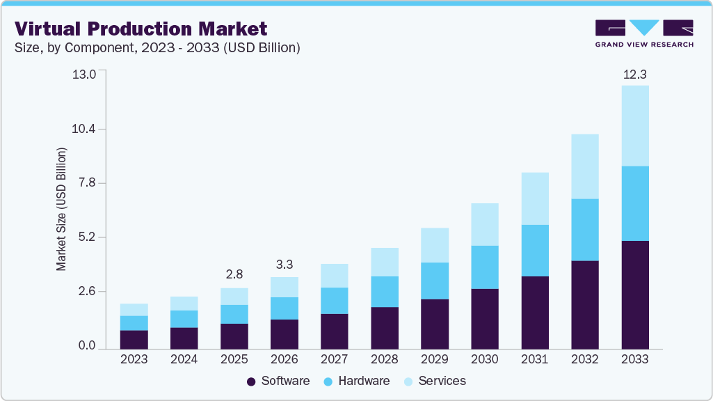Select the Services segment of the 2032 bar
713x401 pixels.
584,166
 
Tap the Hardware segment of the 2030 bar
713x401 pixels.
484,267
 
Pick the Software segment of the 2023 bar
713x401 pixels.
134,339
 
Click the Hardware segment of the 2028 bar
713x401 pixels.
384,292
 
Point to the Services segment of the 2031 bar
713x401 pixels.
534,198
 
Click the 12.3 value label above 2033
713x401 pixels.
634,74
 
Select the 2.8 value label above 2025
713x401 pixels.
234,274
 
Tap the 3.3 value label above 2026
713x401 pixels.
284,264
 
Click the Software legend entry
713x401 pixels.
278,381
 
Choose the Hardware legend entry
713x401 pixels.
357,381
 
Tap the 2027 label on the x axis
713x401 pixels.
334,359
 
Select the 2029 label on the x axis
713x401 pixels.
434,359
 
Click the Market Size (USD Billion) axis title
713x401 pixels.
62,209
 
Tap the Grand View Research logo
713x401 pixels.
644,33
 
